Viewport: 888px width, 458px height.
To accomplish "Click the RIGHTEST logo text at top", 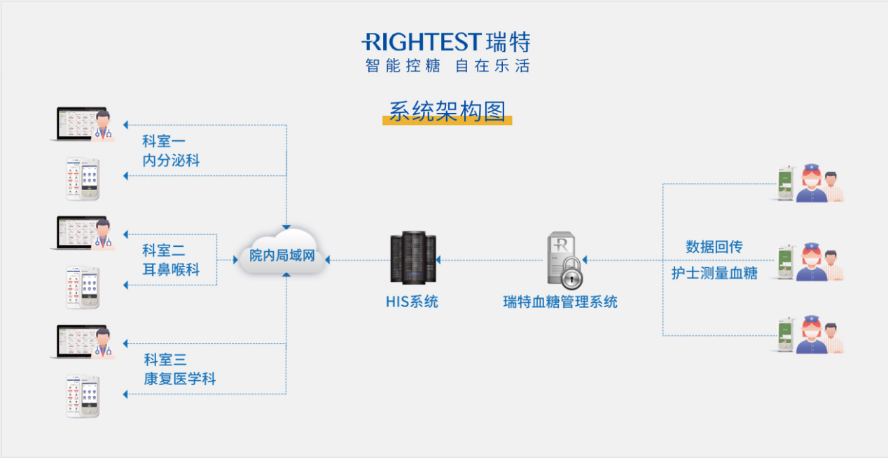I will point(422,42).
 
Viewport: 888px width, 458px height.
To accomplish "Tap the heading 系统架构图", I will point(447,111).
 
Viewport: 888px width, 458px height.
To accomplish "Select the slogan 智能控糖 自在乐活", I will point(447,66).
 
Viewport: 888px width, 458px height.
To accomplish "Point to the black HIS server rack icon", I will point(412,259).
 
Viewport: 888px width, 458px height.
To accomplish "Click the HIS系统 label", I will point(412,302).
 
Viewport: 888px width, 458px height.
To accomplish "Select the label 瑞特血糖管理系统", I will point(560,302).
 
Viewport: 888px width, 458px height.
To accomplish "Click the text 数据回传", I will point(714,247).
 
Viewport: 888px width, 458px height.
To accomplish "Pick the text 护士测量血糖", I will point(714,274).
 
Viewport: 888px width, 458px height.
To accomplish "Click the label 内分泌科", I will point(171,161).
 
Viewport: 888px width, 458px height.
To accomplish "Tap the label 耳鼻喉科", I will point(171,269).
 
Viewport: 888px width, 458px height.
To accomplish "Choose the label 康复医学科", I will point(179,379).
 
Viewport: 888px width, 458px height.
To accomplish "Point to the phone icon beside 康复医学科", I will point(83,396).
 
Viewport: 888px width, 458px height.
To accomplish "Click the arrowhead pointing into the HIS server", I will point(438,260).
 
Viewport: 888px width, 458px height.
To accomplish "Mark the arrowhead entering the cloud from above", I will point(286,227).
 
